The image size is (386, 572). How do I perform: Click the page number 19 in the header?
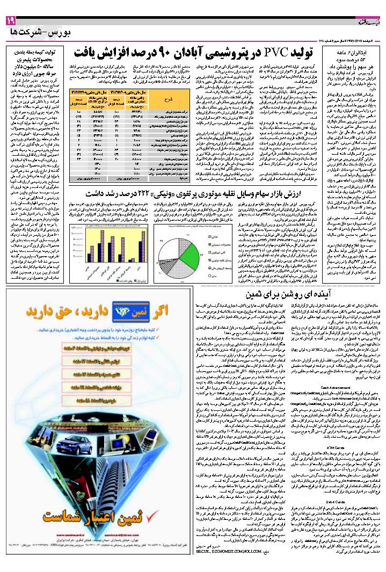point(11,20)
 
